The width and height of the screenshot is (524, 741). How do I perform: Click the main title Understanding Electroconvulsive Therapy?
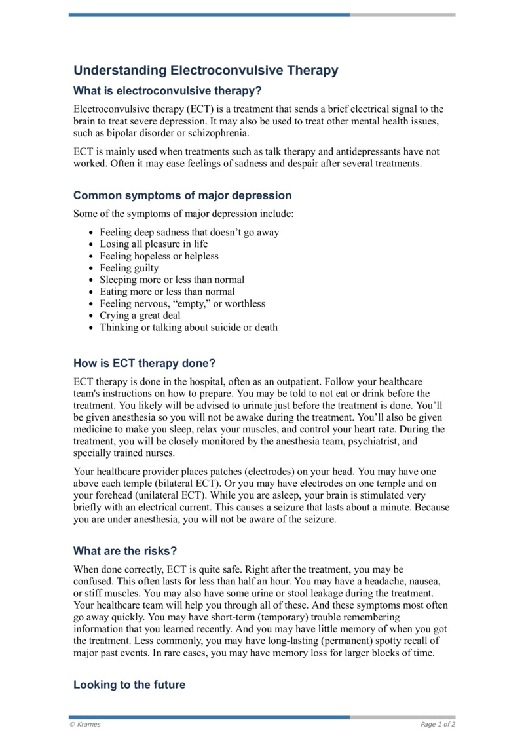point(206,70)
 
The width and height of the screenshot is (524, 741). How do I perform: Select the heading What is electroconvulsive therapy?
point(172,91)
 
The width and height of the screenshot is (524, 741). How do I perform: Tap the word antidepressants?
point(351,151)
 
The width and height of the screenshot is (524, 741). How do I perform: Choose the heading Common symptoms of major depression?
point(182,195)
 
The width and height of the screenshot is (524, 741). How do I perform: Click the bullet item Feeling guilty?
point(129,268)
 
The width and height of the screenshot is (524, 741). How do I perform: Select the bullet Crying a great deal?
point(140,315)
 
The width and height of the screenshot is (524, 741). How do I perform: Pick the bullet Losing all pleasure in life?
point(153,244)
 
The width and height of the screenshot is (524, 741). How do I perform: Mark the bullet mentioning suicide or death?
point(188,327)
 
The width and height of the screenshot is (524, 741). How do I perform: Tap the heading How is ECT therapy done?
point(144,363)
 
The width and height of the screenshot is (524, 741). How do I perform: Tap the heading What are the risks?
point(125,551)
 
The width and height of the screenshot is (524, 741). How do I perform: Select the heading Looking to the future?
point(129,685)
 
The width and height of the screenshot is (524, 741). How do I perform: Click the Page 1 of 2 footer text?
point(438,725)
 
